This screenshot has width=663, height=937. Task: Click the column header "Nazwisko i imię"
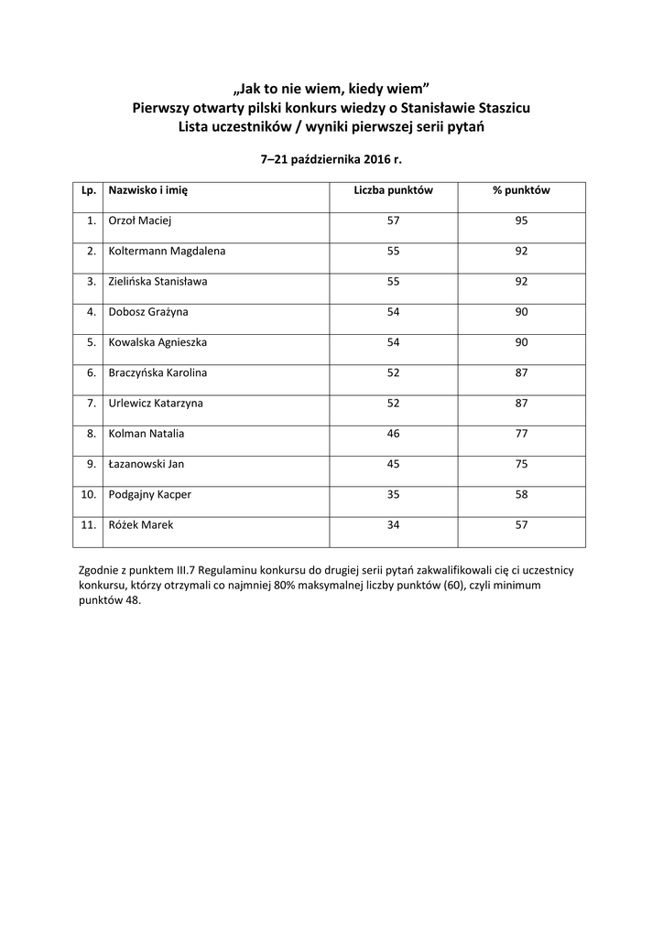pyautogui.click(x=147, y=191)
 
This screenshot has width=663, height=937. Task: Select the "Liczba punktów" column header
pyautogui.click(x=393, y=191)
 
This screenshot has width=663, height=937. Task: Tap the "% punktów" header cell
pyautogui.click(x=521, y=191)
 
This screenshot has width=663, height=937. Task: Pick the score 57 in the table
pyautogui.click(x=393, y=221)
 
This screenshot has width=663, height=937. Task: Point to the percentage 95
pyautogui.click(x=521, y=221)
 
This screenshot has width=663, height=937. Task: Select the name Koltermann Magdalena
pyautogui.click(x=168, y=251)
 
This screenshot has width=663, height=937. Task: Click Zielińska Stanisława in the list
pyautogui.click(x=158, y=281)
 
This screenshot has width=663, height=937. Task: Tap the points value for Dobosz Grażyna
pyautogui.click(x=393, y=311)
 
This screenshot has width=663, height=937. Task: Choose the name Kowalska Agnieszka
pyautogui.click(x=158, y=342)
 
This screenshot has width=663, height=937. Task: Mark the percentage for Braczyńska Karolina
pyautogui.click(x=521, y=372)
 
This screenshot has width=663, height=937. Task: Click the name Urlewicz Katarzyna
pyautogui.click(x=156, y=403)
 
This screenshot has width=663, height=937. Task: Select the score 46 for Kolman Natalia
pyautogui.click(x=393, y=434)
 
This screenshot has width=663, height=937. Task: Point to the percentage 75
pyautogui.click(x=521, y=464)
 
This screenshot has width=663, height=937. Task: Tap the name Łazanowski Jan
pyautogui.click(x=147, y=464)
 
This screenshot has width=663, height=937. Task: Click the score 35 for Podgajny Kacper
pyautogui.click(x=393, y=494)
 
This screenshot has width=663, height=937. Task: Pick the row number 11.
pyautogui.click(x=89, y=524)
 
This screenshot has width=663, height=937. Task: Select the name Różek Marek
pyautogui.click(x=141, y=524)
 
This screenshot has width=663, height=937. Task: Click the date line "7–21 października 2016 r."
pyautogui.click(x=331, y=159)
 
